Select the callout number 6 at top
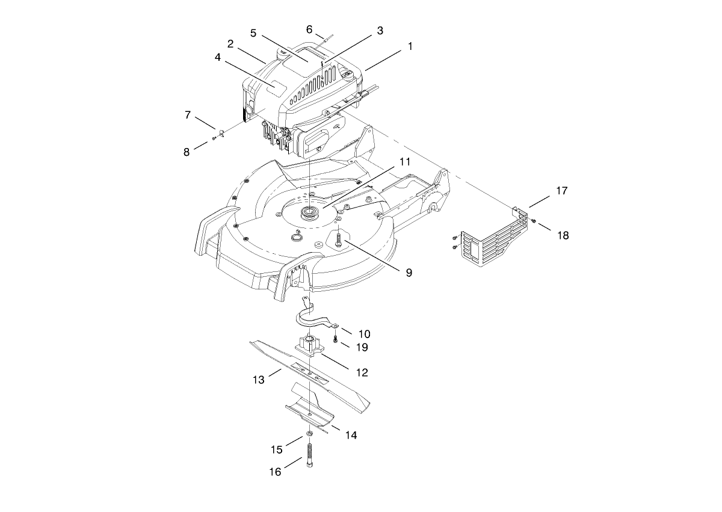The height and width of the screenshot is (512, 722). pyautogui.click(x=309, y=29)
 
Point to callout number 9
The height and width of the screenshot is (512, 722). pyautogui.click(x=409, y=273)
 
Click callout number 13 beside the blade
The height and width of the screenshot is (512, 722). pyautogui.click(x=258, y=380)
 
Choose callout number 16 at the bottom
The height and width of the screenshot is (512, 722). pyautogui.click(x=274, y=472)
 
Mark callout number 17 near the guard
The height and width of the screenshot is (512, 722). pyautogui.click(x=561, y=191)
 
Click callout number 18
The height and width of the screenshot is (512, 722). pyautogui.click(x=563, y=235)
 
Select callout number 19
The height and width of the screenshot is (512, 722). pyautogui.click(x=362, y=347)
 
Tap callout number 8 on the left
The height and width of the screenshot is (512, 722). pyautogui.click(x=187, y=152)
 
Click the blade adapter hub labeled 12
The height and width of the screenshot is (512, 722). pyautogui.click(x=309, y=347)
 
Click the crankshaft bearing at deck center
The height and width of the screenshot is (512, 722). pyautogui.click(x=310, y=211)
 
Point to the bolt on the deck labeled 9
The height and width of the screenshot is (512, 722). pyautogui.click(x=339, y=239)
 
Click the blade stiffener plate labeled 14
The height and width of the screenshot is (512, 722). pyautogui.click(x=310, y=409)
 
